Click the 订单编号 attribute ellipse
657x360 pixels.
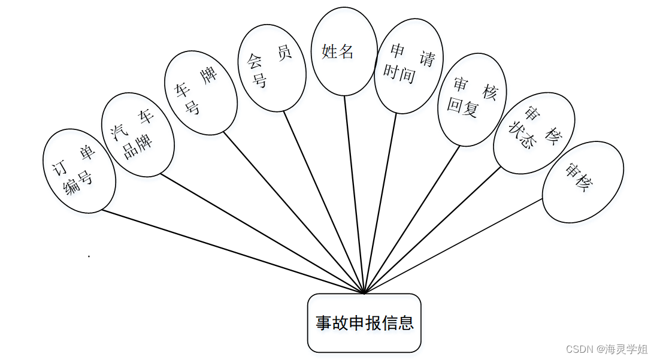79,170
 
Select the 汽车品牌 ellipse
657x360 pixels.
138,134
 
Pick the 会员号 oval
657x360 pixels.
271,68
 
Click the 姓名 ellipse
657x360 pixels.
344,52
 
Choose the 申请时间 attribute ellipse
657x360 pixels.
408,66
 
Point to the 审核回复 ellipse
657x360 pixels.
472,99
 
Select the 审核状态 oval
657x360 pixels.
534,133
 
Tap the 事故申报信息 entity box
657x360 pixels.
364,323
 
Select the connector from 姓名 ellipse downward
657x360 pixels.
354,192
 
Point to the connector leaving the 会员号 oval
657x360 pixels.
323,201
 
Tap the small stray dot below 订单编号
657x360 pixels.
89,256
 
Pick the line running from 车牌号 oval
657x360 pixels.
293,213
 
